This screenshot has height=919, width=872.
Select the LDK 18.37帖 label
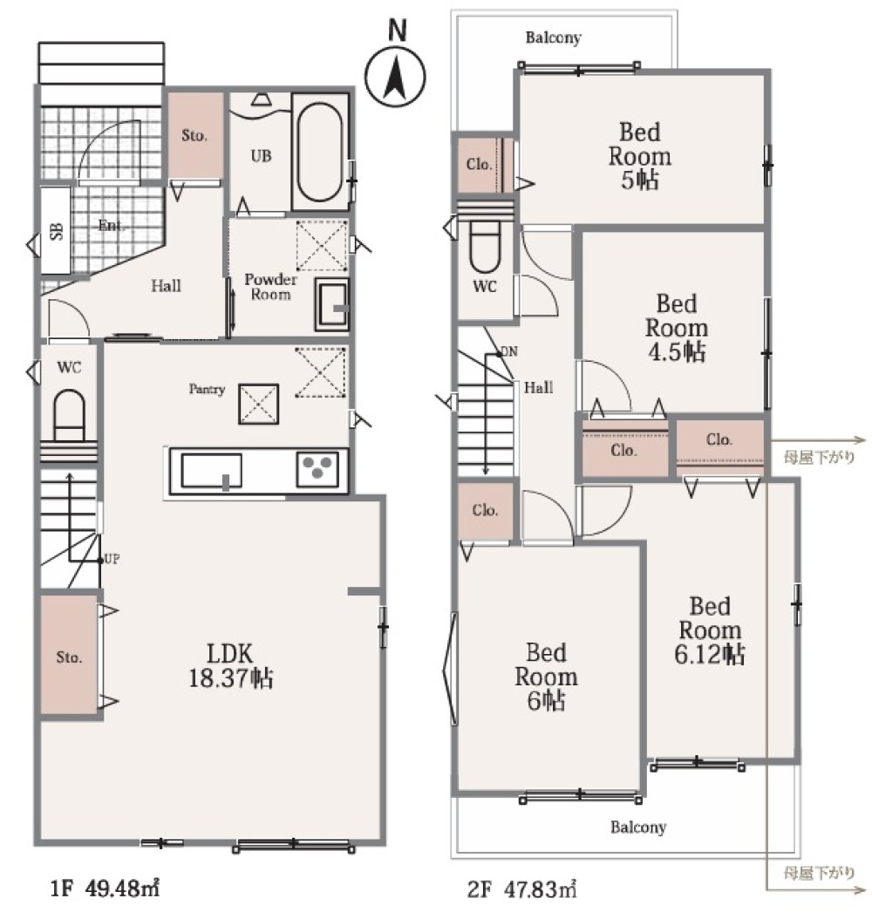pos(230,665)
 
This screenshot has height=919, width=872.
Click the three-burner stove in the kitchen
pos(317,469)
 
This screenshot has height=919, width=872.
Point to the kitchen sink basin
pos(211,471)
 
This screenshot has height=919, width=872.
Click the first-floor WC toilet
pos(69,415)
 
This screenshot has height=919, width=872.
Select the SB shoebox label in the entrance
pos(57,230)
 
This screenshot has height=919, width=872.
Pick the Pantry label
pos(207,389)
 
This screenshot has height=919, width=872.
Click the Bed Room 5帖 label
pos(639,156)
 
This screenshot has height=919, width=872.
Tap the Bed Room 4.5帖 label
pos(677,328)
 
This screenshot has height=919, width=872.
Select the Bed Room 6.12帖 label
pos(710,630)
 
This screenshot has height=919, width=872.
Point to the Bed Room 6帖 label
pos(546,677)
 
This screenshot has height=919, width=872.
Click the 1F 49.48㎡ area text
pos(105,888)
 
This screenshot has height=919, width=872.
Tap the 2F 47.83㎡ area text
pos(522,889)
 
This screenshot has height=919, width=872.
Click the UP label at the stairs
pos(112,559)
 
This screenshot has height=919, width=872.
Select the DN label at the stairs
pos(509,351)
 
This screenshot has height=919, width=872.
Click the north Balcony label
pos(553,38)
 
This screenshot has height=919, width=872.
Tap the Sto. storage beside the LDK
pos(69,657)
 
